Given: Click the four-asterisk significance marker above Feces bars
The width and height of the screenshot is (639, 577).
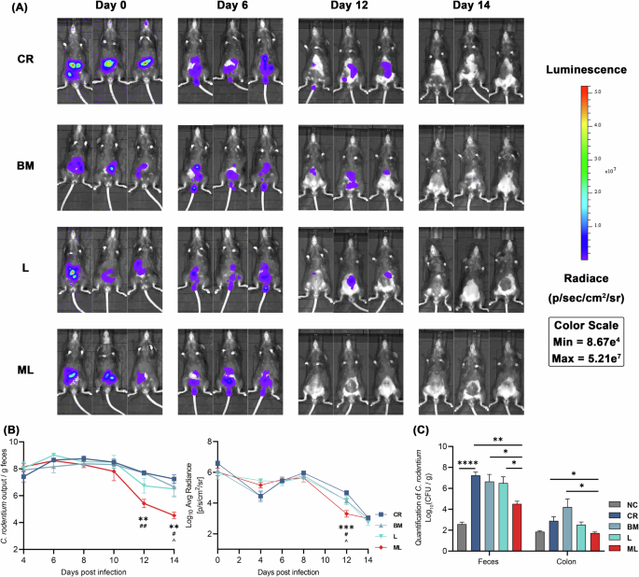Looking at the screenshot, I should [x=467, y=460].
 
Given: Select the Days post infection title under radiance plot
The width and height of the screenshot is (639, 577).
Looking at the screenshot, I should [x=297, y=570].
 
